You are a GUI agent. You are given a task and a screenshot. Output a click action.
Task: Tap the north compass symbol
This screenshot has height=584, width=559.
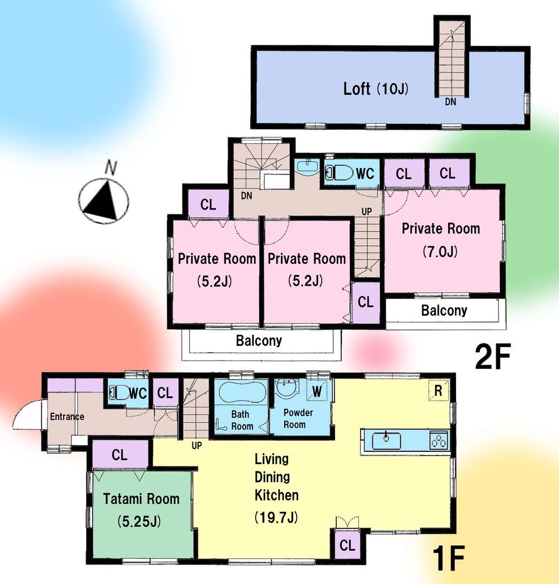point(104,199)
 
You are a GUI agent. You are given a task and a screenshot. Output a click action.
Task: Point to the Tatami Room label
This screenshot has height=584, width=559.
point(141,499)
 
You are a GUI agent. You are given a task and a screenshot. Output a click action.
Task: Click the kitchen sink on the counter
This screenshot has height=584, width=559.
point(387,440)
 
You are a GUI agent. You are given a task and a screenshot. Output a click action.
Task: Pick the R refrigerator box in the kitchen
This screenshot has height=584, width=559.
point(438,391)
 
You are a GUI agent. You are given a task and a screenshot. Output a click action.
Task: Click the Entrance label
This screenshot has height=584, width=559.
point(67,417)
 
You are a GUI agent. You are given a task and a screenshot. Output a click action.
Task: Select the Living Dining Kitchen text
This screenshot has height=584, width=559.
point(276,477)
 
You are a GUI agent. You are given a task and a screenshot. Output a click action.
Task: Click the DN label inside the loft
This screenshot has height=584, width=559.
point(450,102)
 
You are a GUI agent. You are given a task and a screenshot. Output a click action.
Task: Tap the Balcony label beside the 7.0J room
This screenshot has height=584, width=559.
point(444,310)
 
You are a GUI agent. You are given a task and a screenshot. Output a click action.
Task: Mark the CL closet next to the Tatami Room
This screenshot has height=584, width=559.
point(120,455)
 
